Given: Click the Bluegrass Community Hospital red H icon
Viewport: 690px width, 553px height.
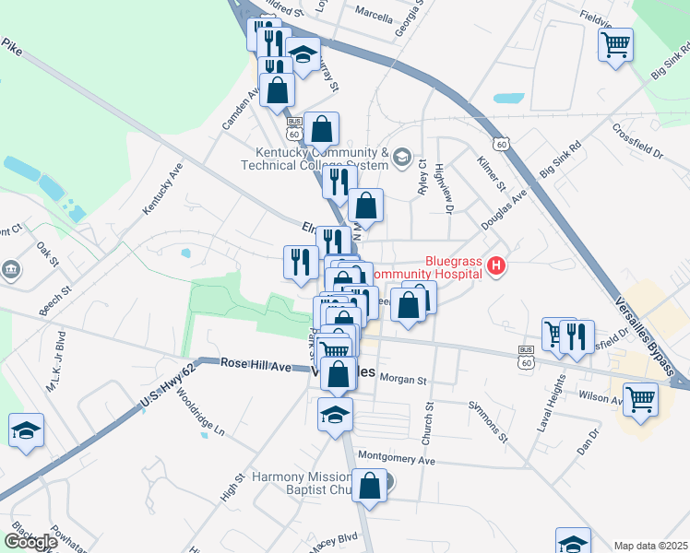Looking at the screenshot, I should (497, 267).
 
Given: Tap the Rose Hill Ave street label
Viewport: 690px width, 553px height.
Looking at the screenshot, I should (256, 366).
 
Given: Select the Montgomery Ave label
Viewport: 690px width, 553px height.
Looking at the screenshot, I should (396, 458).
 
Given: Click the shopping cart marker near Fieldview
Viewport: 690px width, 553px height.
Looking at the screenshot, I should (615, 44).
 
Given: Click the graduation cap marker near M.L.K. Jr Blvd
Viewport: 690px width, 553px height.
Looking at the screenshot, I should (27, 430).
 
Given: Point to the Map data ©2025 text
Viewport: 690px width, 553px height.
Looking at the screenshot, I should (649, 546).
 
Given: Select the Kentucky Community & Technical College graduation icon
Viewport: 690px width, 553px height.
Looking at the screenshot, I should (401, 158).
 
